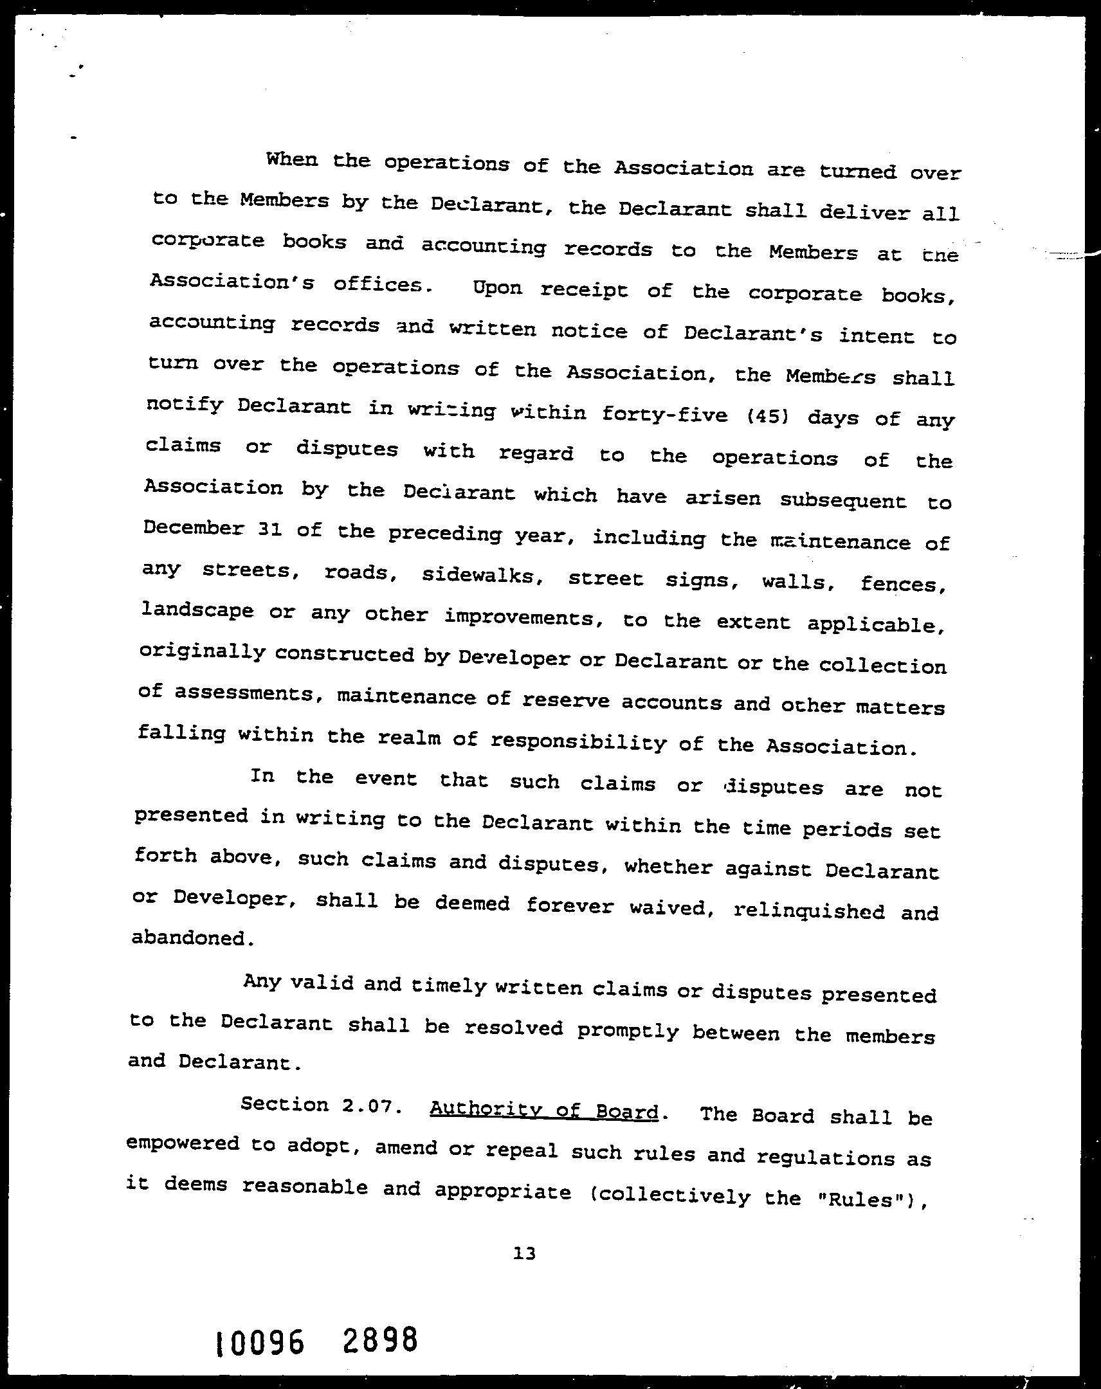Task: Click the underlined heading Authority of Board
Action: click(543, 1110)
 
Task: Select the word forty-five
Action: click(664, 413)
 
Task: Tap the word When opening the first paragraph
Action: click(291, 159)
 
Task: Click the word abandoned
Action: click(190, 938)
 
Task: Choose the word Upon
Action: click(497, 288)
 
